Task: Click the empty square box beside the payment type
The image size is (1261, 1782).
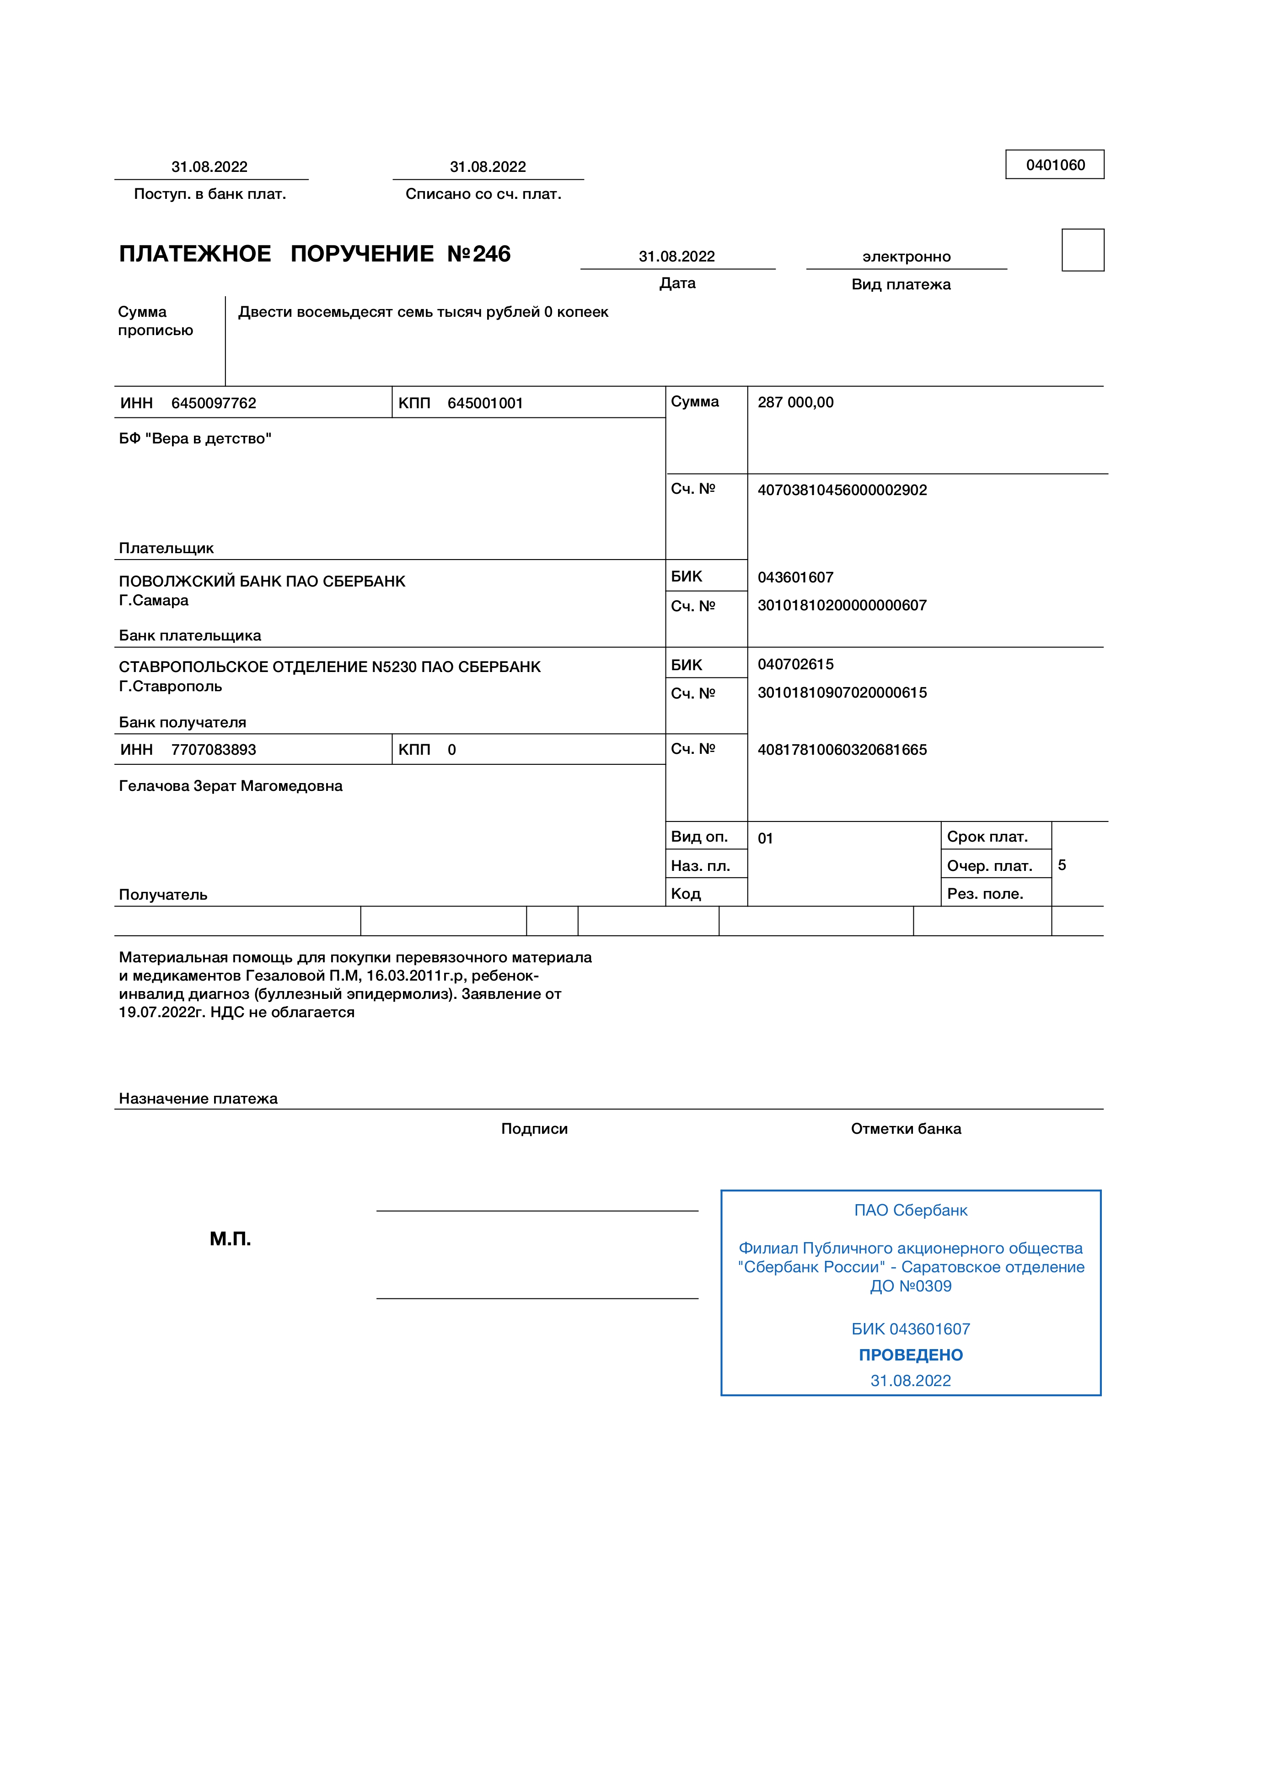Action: point(1083,250)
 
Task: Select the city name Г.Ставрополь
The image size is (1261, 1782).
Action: point(170,687)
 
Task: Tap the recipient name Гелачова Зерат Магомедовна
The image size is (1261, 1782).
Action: point(231,786)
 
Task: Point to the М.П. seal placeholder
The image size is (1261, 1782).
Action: point(231,1239)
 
